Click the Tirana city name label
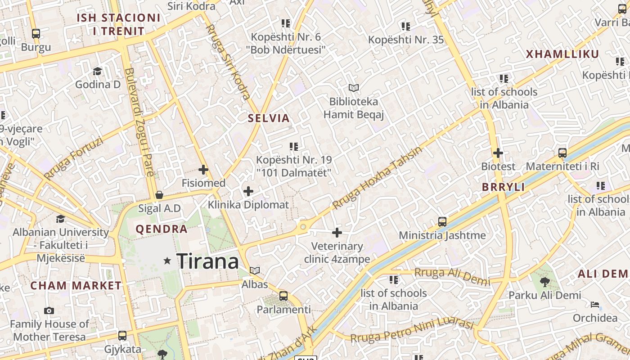click(x=207, y=261)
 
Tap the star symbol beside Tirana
click(x=167, y=261)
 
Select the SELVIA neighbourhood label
click(x=269, y=118)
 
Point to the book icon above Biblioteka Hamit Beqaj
click(x=354, y=88)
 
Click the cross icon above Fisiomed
click(x=203, y=170)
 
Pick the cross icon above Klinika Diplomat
click(x=248, y=191)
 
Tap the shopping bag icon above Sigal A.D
click(x=159, y=195)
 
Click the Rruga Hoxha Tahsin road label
click(x=377, y=178)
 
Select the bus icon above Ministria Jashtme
click(x=442, y=222)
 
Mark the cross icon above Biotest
click(x=498, y=153)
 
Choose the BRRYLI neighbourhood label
click(x=503, y=187)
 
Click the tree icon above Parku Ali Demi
click(x=544, y=282)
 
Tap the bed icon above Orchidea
click(x=595, y=305)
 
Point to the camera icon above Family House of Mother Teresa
click(x=49, y=310)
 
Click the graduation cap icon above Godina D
click(x=97, y=71)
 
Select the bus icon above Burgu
click(x=36, y=33)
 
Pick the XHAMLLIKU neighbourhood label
click(x=562, y=54)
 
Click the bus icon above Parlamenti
click(x=283, y=296)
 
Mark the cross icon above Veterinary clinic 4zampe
click(x=337, y=233)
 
